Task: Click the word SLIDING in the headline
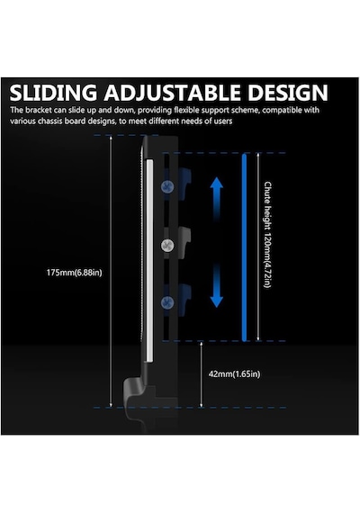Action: pyautogui.click(x=53, y=93)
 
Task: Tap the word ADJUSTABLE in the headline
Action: pyautogui.click(x=173, y=93)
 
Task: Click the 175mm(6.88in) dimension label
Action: pyautogui.click(x=75, y=273)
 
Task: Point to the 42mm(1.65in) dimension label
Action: pyautogui.click(x=234, y=374)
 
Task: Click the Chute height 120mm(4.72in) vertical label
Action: pyautogui.click(x=267, y=235)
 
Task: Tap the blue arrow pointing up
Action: pyautogui.click(x=216, y=198)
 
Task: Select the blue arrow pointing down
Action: pyautogui.click(x=216, y=285)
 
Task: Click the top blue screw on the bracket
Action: pyautogui.click(x=167, y=187)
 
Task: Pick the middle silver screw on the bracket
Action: pyautogui.click(x=167, y=246)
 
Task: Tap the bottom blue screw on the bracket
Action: pyautogui.click(x=167, y=302)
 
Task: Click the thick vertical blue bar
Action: pyautogui.click(x=244, y=247)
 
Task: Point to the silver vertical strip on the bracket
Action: pyautogui.click(x=149, y=261)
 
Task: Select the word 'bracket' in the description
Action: pyautogui.click(x=39, y=110)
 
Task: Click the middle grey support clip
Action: pyautogui.click(x=184, y=242)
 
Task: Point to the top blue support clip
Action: pyautogui.click(x=184, y=184)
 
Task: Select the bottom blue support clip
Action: pyautogui.click(x=184, y=300)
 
